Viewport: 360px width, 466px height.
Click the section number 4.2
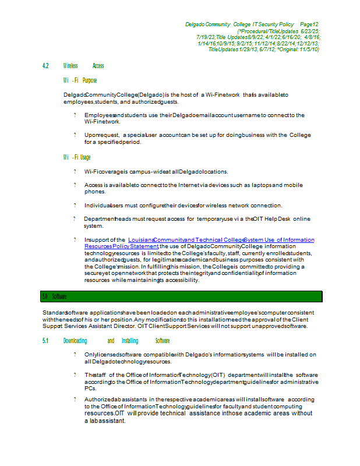click(45, 66)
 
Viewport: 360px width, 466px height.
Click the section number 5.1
click(45, 341)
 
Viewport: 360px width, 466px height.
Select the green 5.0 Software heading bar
click(181, 296)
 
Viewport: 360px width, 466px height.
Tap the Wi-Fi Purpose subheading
click(80, 80)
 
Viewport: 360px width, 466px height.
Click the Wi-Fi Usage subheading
click(77, 157)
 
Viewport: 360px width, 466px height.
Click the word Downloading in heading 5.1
click(75, 341)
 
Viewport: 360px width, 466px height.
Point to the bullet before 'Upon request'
click(75, 135)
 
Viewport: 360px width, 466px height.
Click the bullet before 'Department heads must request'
click(75, 219)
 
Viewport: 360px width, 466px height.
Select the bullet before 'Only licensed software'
click(75, 354)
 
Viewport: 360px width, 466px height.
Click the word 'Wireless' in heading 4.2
click(70, 66)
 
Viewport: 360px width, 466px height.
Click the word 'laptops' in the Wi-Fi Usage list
click(259, 185)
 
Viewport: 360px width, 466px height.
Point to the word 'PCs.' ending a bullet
click(90, 388)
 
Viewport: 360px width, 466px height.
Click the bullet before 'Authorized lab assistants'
click(75, 399)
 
